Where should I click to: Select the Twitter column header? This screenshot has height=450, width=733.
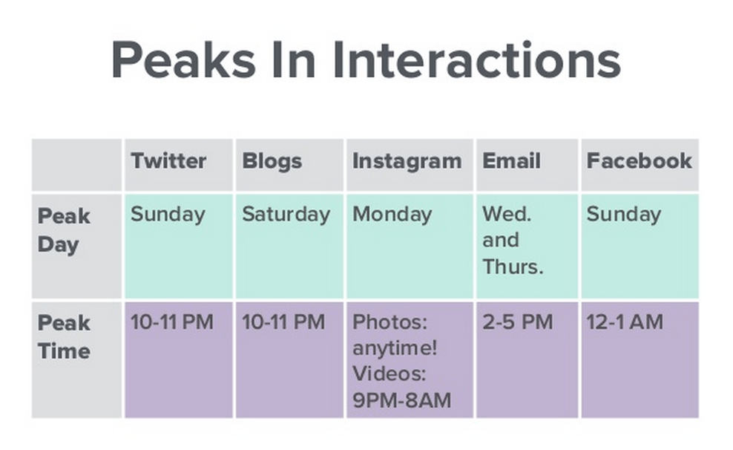[168, 161]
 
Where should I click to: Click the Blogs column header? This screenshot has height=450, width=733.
[272, 161]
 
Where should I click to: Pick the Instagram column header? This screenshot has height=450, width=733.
[407, 161]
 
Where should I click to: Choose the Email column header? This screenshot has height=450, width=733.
[511, 161]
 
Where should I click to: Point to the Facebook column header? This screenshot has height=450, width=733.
[639, 161]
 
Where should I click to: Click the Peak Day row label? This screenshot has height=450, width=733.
[64, 230]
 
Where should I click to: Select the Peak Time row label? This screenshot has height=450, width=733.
[64, 336]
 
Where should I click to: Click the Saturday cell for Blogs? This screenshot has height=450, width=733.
[286, 215]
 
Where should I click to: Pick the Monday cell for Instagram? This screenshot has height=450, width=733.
[392, 215]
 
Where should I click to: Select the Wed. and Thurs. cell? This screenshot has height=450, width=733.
[513, 241]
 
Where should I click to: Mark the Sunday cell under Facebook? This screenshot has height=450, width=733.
[623, 215]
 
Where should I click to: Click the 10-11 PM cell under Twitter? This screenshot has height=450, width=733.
[171, 322]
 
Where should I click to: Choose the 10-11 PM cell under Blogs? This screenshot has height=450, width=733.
[283, 322]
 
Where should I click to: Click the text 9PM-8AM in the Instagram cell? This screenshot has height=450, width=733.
[401, 401]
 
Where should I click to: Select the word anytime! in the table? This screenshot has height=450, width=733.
[395, 348]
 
